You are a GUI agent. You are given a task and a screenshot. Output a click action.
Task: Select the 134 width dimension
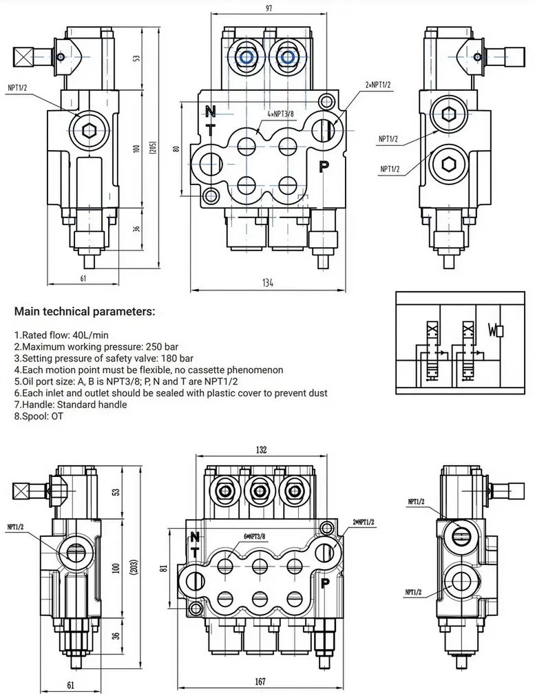[268, 283]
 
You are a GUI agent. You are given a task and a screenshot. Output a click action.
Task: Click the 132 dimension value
[261, 449]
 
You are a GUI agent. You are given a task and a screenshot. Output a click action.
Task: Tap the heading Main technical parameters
[85, 312]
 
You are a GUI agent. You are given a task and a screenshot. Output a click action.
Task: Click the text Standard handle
[94, 405]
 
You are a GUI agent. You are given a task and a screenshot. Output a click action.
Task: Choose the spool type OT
[56, 416]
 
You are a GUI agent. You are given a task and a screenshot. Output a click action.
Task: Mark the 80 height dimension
[176, 148]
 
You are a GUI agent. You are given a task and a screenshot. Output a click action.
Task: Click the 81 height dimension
[163, 569]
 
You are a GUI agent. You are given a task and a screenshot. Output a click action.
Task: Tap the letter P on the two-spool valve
[324, 165]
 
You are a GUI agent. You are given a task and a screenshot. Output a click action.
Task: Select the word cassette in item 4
[209, 370]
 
